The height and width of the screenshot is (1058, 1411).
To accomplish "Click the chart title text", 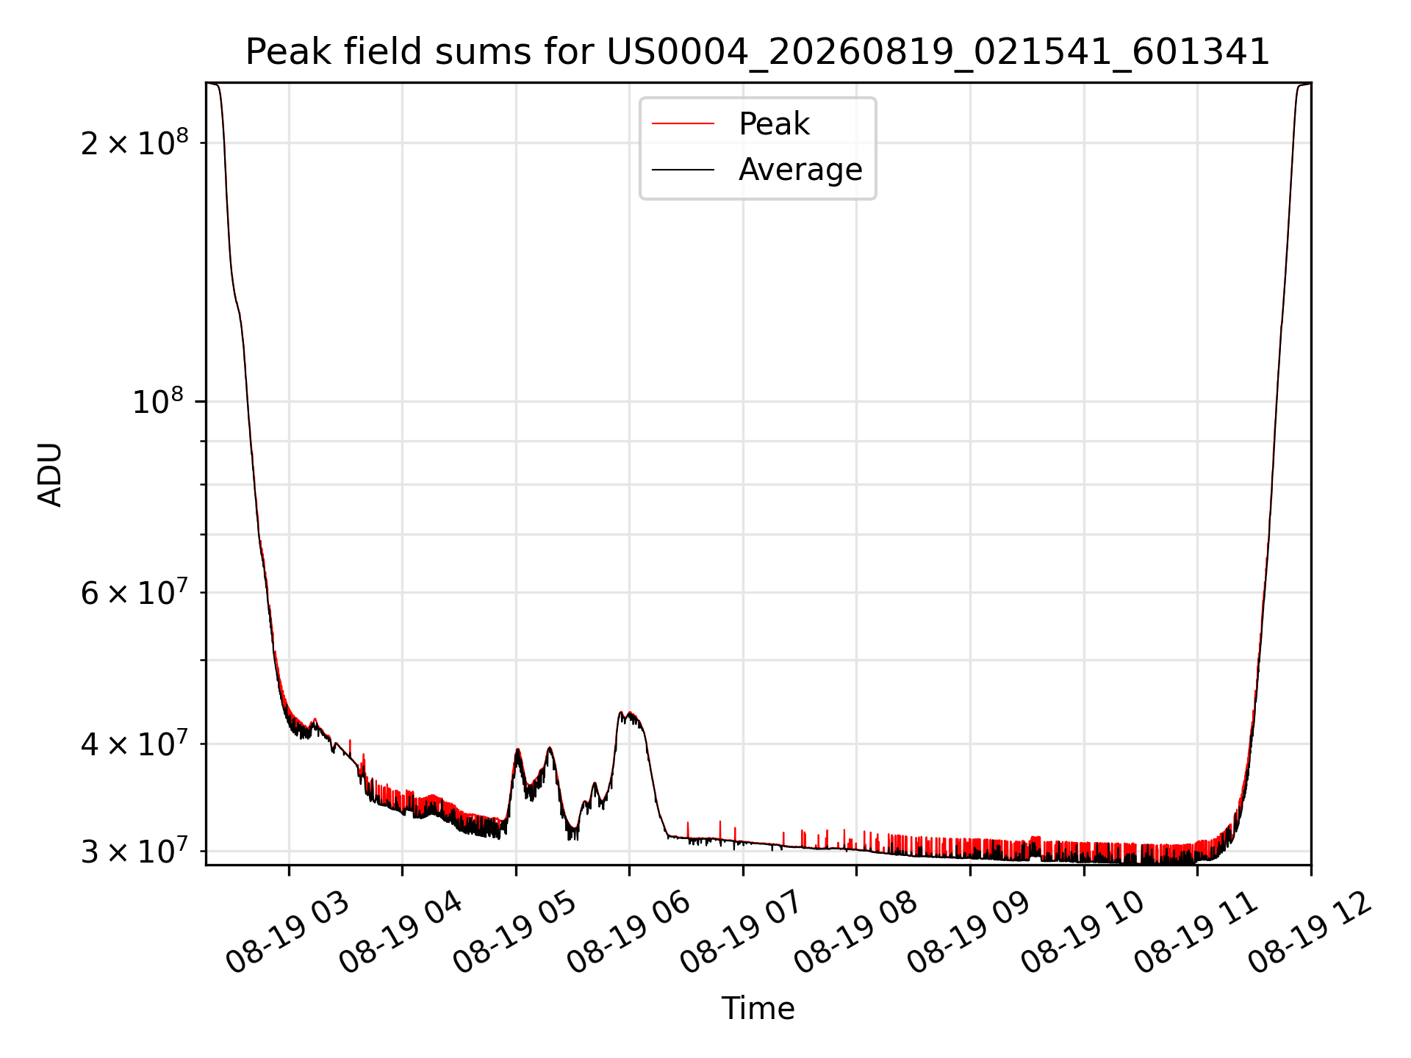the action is [758, 52].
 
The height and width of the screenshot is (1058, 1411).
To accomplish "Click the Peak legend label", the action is [774, 124].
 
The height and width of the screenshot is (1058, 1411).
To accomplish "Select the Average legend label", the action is [800, 170].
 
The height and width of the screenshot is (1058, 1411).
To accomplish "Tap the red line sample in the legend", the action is [683, 123].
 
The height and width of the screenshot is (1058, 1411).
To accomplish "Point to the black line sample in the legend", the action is [683, 170].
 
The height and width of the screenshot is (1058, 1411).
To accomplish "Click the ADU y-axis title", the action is [50, 474].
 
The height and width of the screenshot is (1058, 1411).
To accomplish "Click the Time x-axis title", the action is [758, 1009].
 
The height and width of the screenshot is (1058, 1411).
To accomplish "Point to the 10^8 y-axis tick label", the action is [157, 401].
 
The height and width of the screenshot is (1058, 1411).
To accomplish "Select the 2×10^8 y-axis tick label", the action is [134, 143].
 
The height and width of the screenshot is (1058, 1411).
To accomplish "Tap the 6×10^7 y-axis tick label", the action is [134, 592].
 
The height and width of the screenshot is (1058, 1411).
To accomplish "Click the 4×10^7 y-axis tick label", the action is [134, 744].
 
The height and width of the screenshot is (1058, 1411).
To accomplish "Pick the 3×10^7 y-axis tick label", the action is [134, 852].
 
